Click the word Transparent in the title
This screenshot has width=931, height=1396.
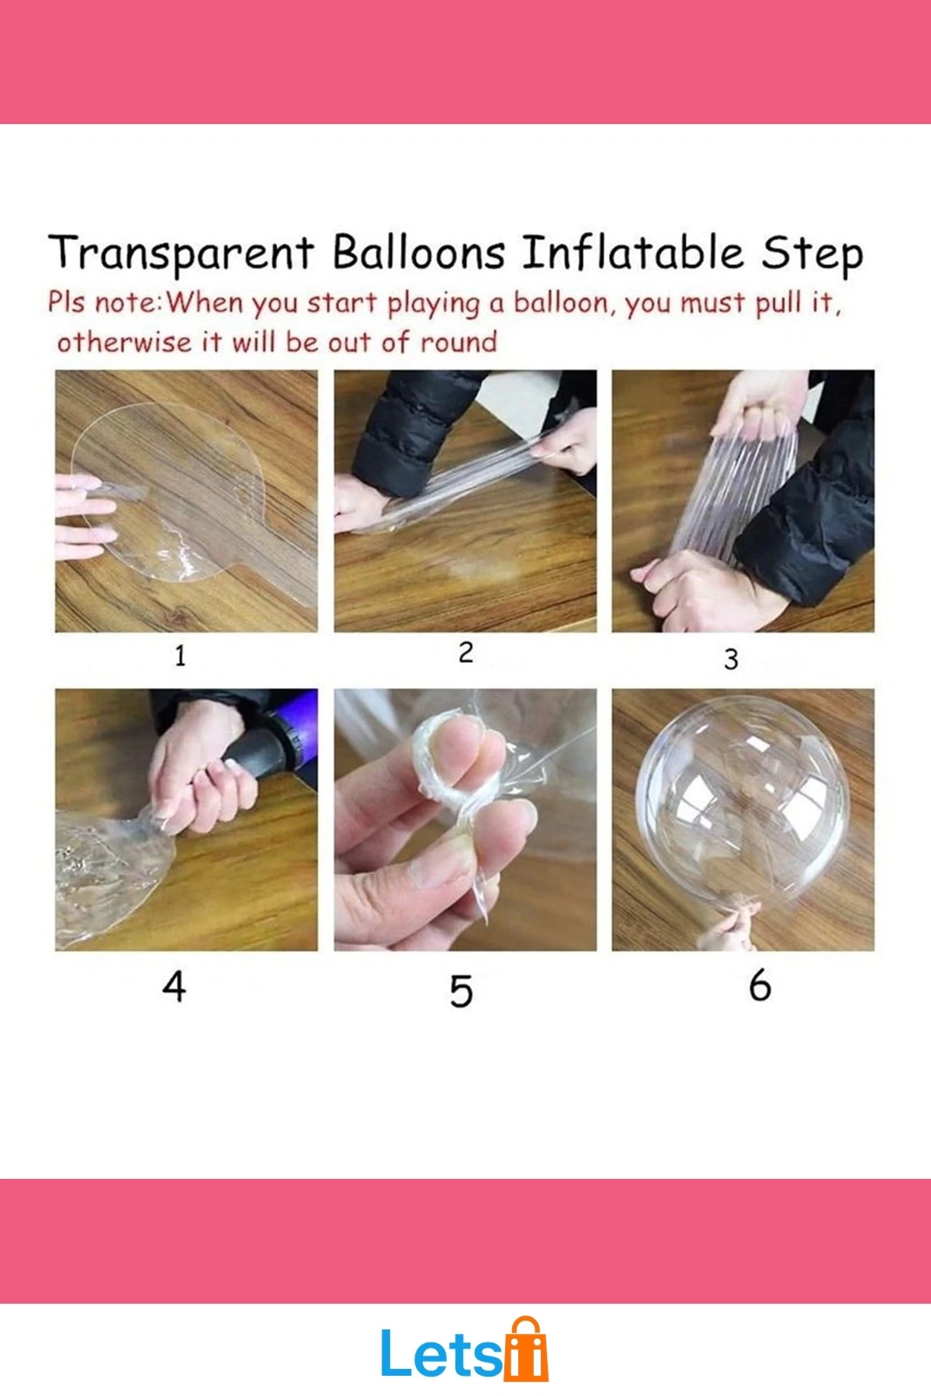point(181,253)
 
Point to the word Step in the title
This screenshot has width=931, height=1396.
point(812,254)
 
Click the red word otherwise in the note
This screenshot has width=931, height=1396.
point(124,341)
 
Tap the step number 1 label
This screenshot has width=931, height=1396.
point(180,656)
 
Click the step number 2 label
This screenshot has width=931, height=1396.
point(465,652)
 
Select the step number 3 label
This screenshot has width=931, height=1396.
point(731,659)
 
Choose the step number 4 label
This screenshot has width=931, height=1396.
point(175,987)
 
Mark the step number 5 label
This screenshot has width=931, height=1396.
point(461,991)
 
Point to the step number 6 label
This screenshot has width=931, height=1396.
point(760,985)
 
